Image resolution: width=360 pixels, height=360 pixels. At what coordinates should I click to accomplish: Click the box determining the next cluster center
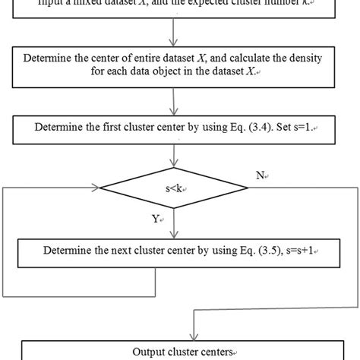[179, 251]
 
